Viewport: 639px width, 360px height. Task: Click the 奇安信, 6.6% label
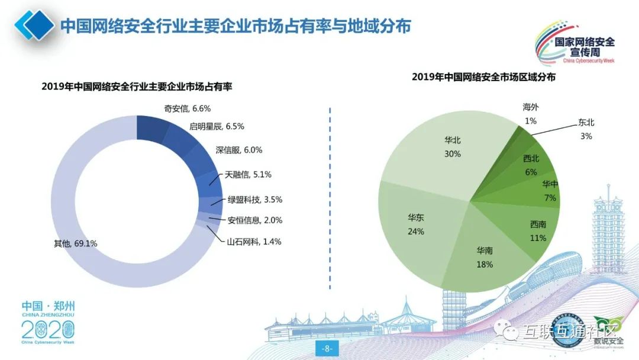pyautogui.click(x=187, y=109)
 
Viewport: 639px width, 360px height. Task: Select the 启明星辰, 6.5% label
pyautogui.click(x=217, y=126)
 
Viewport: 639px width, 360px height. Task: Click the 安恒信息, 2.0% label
pyautogui.click(x=255, y=220)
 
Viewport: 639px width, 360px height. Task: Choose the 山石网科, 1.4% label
pyautogui.click(x=254, y=241)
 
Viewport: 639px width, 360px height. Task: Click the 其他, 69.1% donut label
pyautogui.click(x=75, y=243)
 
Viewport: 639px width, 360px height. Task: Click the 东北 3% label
pyautogui.click(x=586, y=129)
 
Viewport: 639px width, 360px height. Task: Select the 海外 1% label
pyautogui.click(x=531, y=114)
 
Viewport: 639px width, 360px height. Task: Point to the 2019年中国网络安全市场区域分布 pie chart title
pyautogui.click(x=483, y=77)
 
